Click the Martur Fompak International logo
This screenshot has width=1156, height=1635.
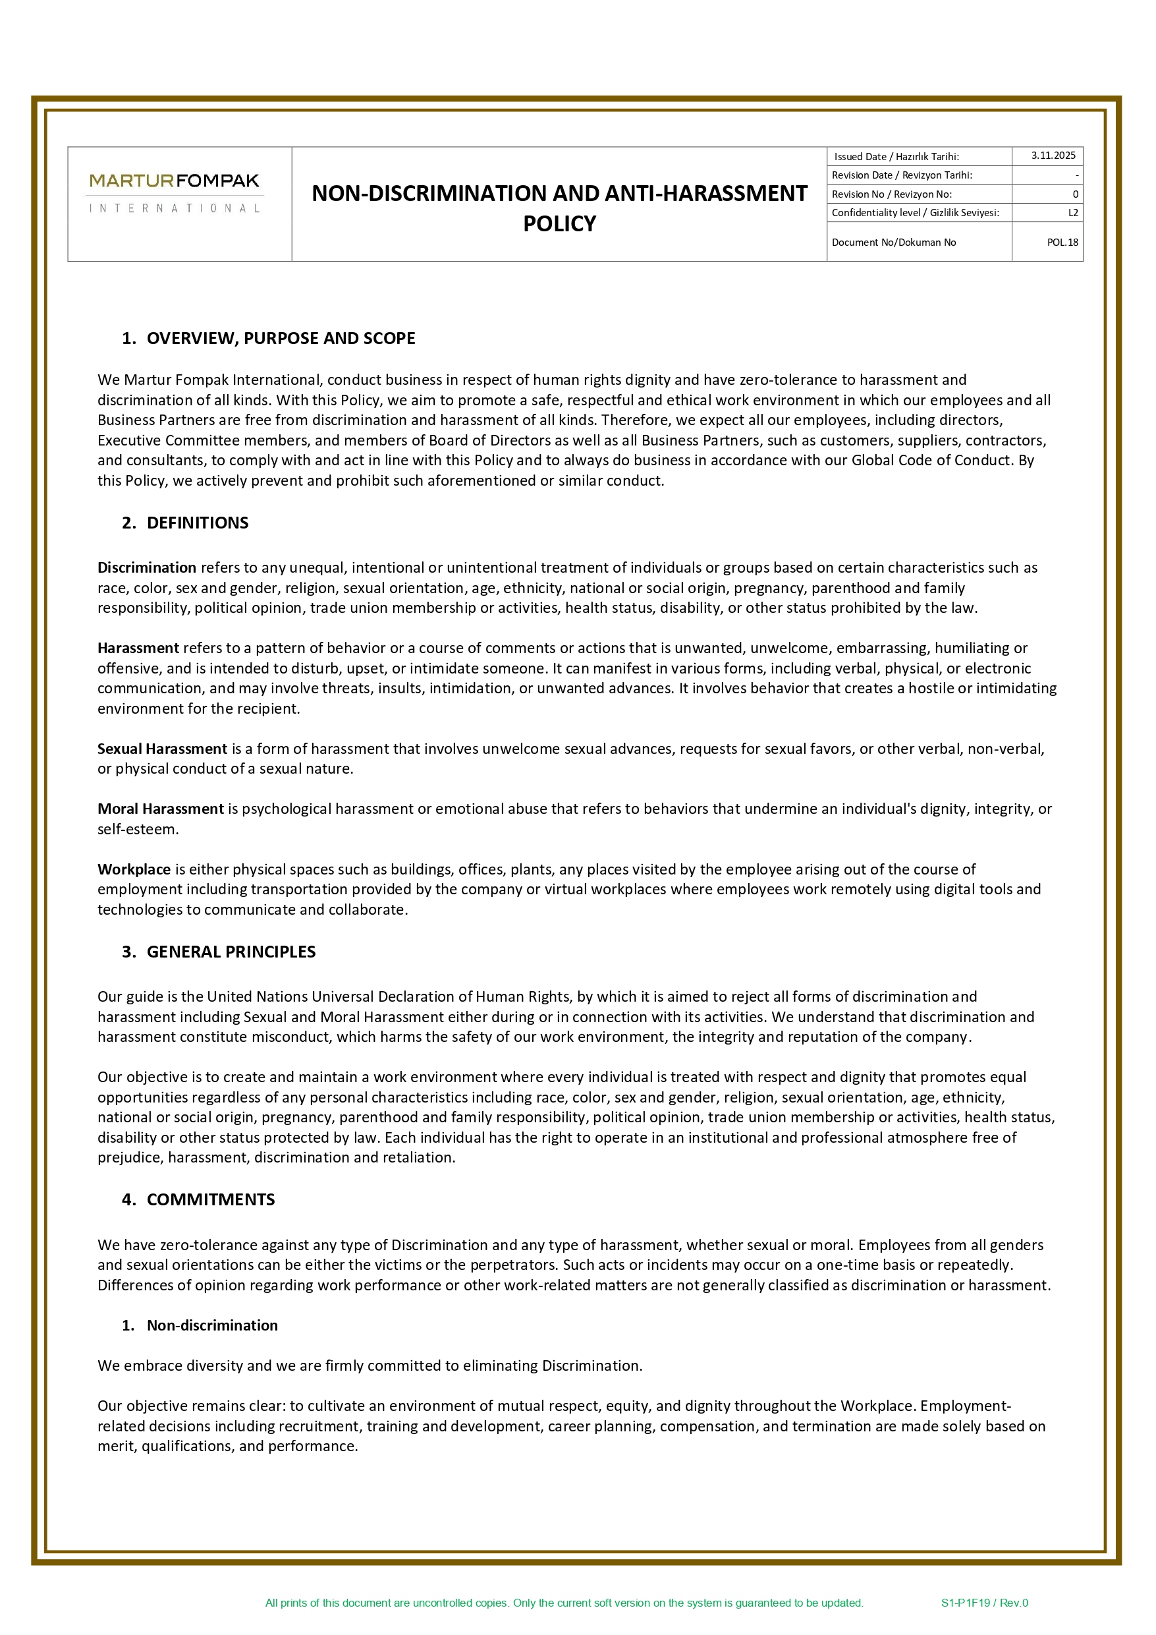[175, 192]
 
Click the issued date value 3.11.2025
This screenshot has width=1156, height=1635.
[1053, 156]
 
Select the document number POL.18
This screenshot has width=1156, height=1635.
[1062, 242]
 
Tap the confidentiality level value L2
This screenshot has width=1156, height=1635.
[1073, 212]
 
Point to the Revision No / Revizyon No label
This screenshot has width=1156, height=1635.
[891, 194]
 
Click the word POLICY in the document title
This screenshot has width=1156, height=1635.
[559, 223]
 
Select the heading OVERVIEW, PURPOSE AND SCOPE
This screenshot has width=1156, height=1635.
[281, 338]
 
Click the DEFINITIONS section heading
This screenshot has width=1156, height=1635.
[197, 523]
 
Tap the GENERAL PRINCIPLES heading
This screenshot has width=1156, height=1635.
[231, 952]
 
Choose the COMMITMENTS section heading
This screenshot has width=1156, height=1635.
[211, 1199]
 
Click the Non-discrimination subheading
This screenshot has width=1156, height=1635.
[212, 1325]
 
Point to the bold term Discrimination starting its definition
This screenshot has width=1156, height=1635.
[147, 567]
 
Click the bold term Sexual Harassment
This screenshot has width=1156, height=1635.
[162, 749]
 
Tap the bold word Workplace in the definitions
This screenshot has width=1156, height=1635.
[134, 869]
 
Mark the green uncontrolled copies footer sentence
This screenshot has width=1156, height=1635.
[564, 1602]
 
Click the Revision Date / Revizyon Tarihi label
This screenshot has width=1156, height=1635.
[901, 175]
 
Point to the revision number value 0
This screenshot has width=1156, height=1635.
[1075, 194]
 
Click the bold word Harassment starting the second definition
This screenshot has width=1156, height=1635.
[138, 648]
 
